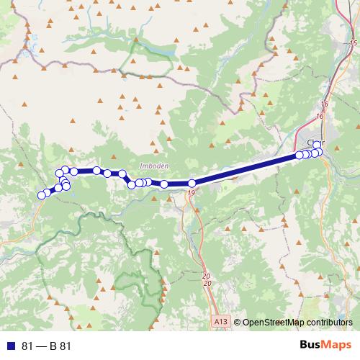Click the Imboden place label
tap(153, 166)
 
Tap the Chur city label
tap(317, 143)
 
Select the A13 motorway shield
tap(221, 322)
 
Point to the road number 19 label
tap(191, 193)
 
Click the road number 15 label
tap(353, 45)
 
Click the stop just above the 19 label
tap(192, 184)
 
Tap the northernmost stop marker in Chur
tap(317, 145)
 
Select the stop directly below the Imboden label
tap(148, 182)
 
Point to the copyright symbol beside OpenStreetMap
tap(238, 323)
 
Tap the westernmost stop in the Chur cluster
tap(300, 155)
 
